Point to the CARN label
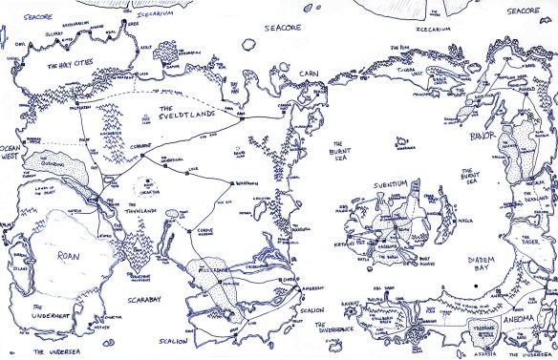point(308,73)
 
